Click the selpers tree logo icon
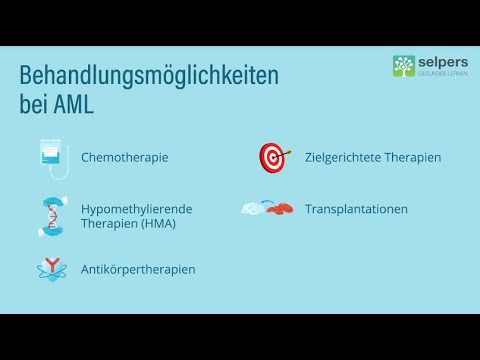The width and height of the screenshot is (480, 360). pyautogui.click(x=404, y=66)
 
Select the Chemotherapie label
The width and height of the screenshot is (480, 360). pyautogui.click(x=124, y=158)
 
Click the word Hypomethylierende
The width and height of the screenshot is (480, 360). pyautogui.click(x=136, y=208)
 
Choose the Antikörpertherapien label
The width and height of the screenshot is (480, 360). pyautogui.click(x=138, y=269)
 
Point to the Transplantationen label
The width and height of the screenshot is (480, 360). pyautogui.click(x=356, y=209)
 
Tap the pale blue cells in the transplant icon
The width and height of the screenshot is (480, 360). pyautogui.click(x=256, y=208)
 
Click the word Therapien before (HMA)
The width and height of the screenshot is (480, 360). pyautogui.click(x=107, y=223)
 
